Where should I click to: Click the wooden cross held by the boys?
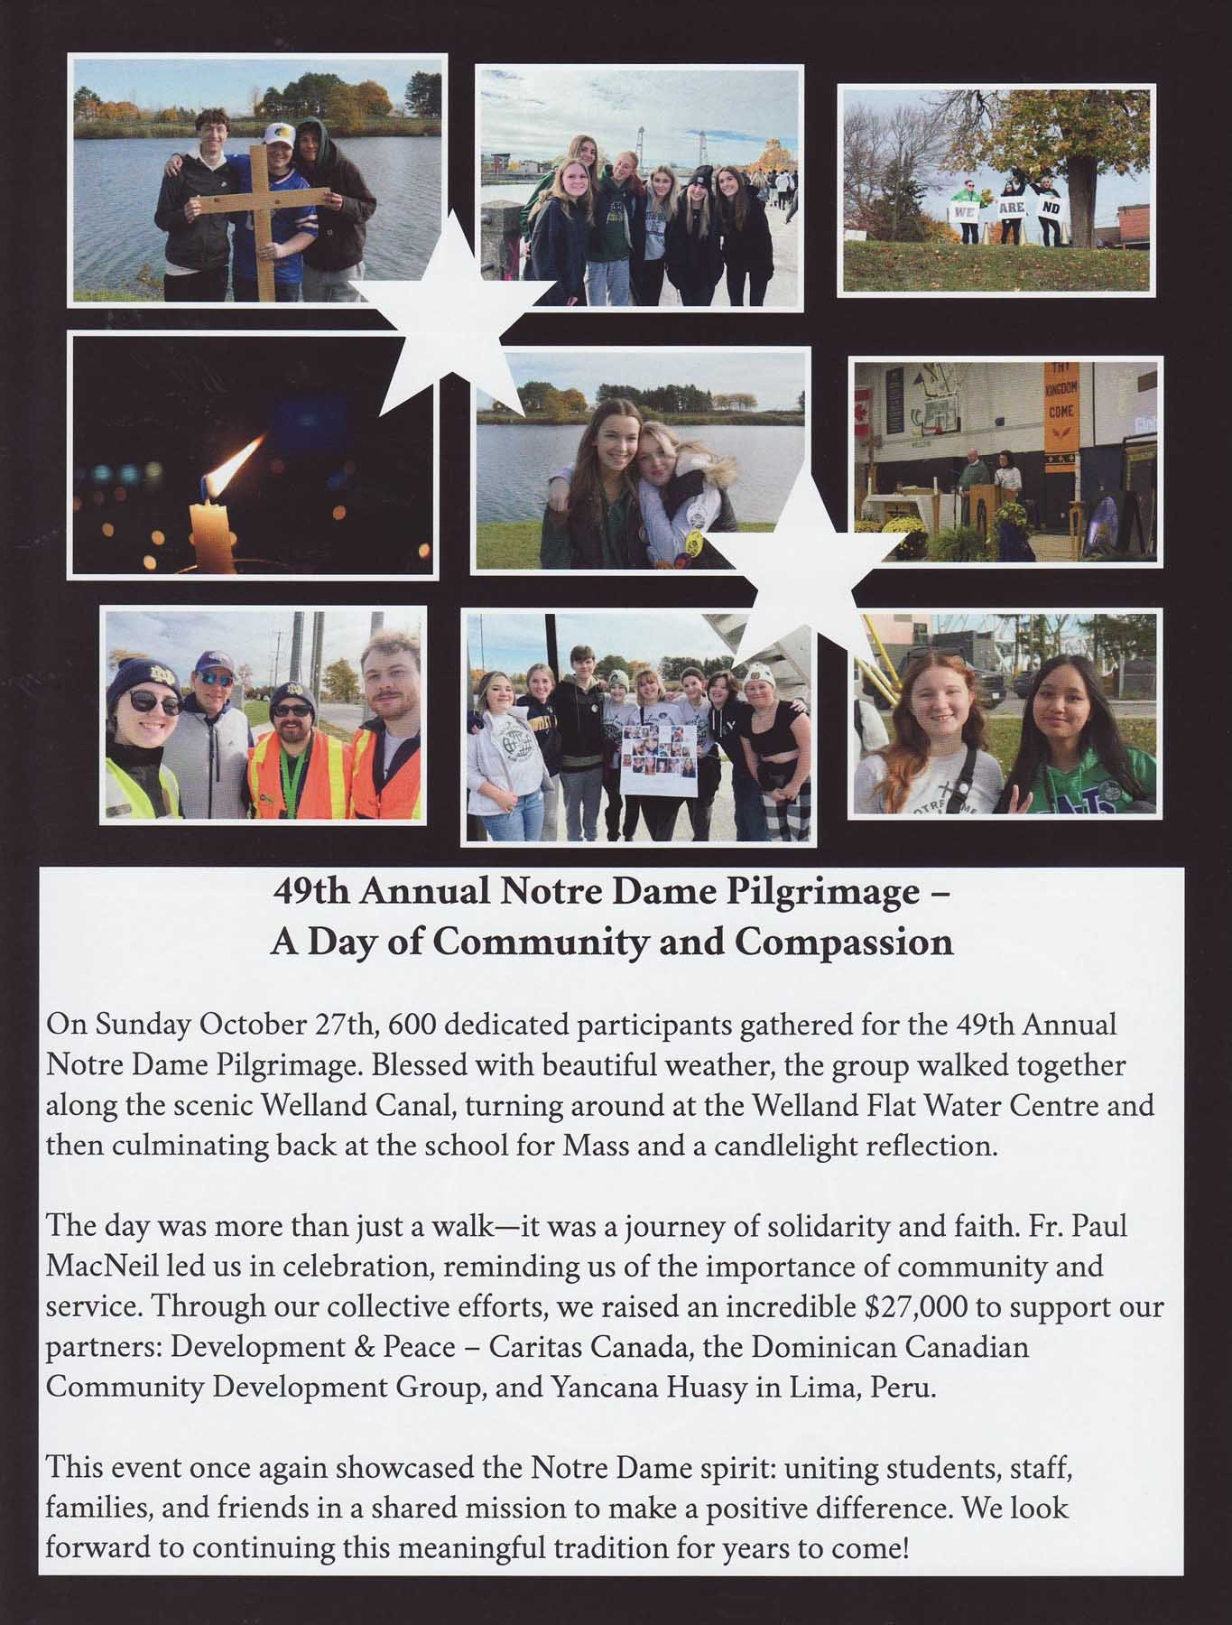(x=263, y=216)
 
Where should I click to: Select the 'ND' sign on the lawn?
(x=1049, y=208)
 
